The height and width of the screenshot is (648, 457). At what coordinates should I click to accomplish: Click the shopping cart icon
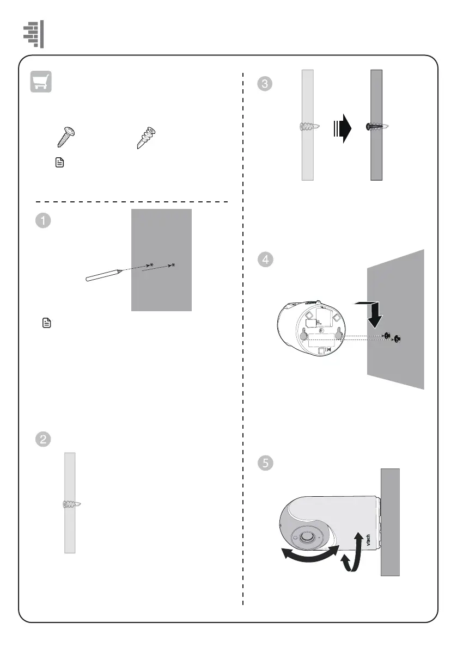pyautogui.click(x=41, y=82)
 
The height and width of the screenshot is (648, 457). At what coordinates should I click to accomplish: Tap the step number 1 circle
pyautogui.click(x=43, y=220)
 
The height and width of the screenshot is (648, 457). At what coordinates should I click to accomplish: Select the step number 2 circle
pyautogui.click(x=43, y=439)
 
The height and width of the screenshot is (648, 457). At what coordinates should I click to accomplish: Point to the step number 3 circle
pyautogui.click(x=265, y=84)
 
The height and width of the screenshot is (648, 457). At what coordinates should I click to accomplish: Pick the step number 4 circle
pyautogui.click(x=265, y=260)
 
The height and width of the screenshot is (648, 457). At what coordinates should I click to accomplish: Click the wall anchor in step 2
pyautogui.click(x=71, y=505)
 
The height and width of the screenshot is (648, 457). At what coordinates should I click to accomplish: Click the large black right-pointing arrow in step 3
pyautogui.click(x=343, y=127)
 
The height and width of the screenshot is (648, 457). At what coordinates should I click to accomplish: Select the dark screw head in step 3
pyautogui.click(x=370, y=127)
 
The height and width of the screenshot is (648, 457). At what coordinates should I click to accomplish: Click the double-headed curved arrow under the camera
pyautogui.click(x=308, y=557)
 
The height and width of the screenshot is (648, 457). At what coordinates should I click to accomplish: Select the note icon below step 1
pyautogui.click(x=46, y=324)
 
